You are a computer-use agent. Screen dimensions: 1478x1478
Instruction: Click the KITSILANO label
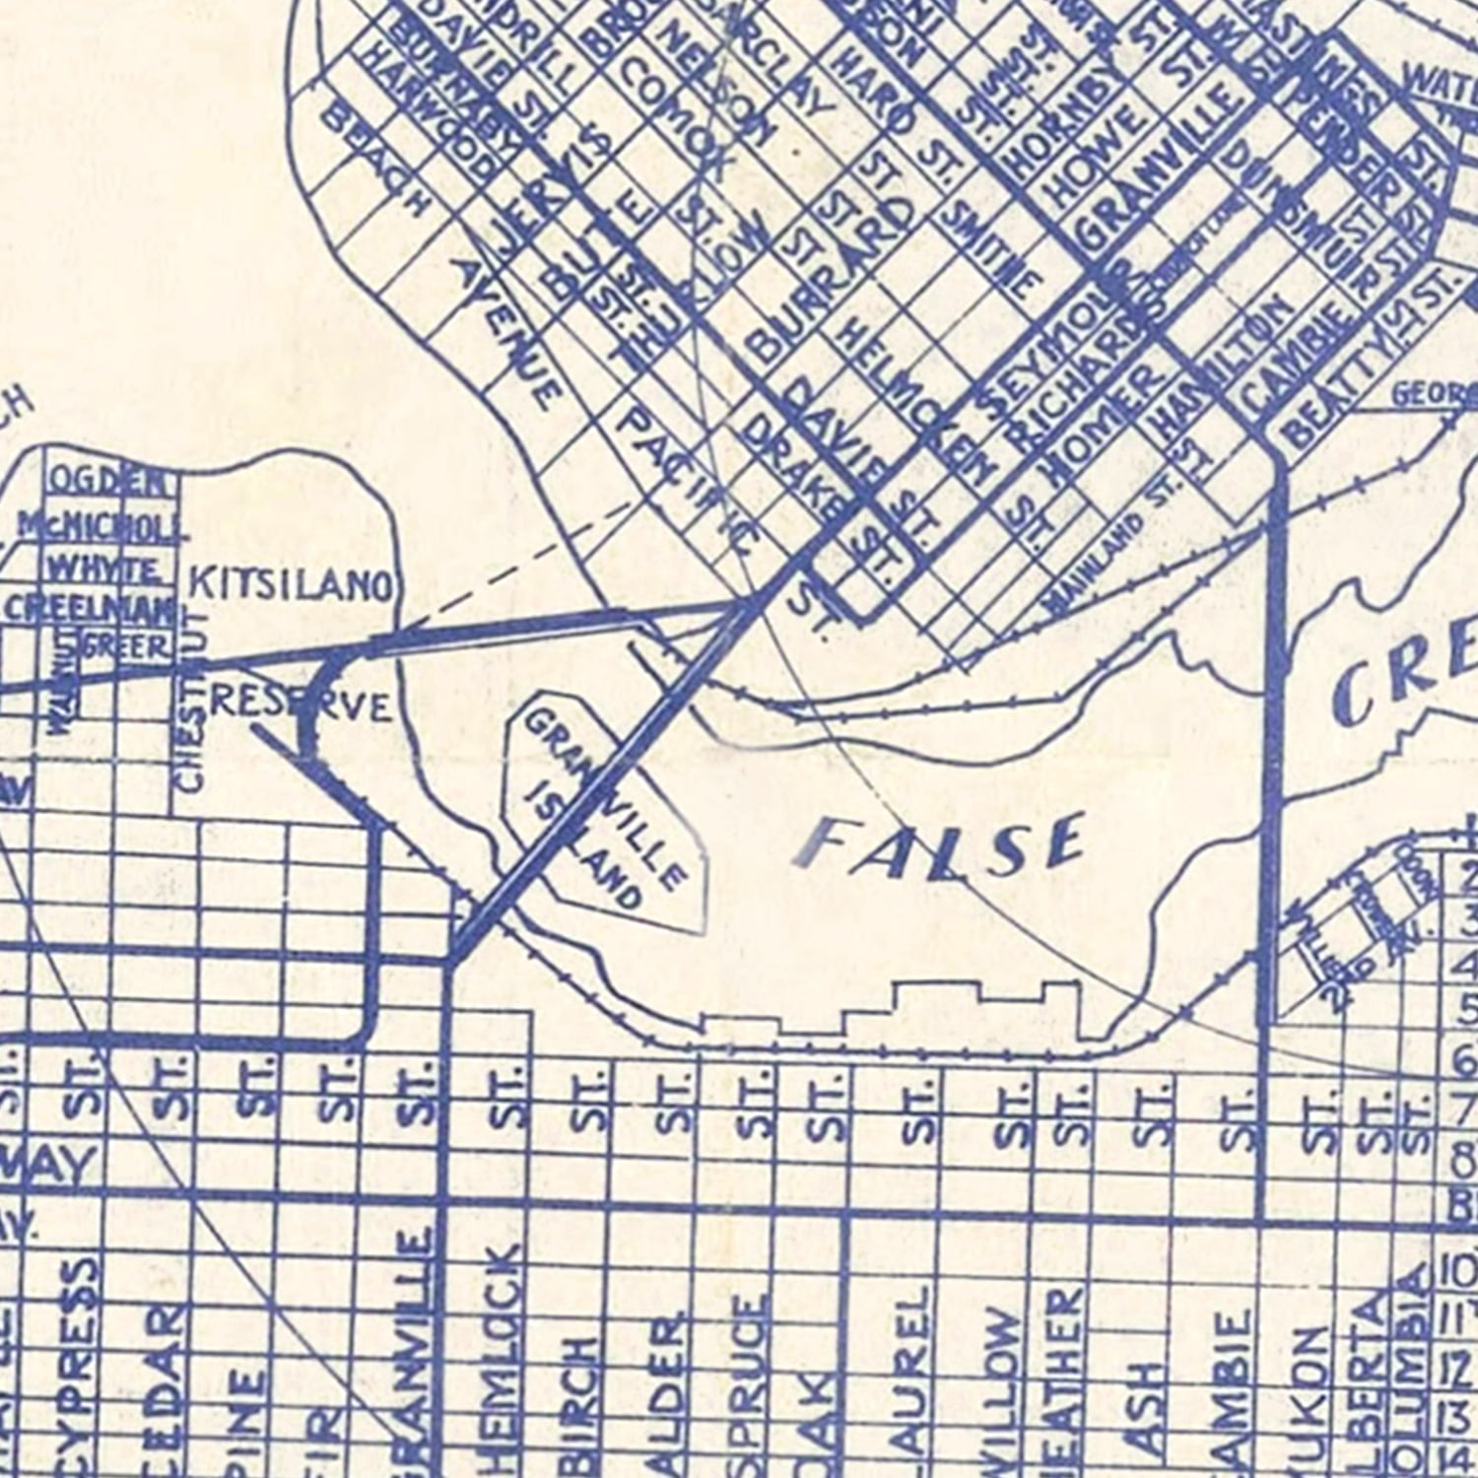click(292, 585)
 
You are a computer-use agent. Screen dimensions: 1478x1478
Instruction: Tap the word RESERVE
click(301, 704)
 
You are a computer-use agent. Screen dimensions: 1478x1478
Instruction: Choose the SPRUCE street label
click(751, 1379)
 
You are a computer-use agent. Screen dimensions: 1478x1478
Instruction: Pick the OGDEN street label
click(108, 483)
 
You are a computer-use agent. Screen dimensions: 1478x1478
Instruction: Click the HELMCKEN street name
click(887, 384)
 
